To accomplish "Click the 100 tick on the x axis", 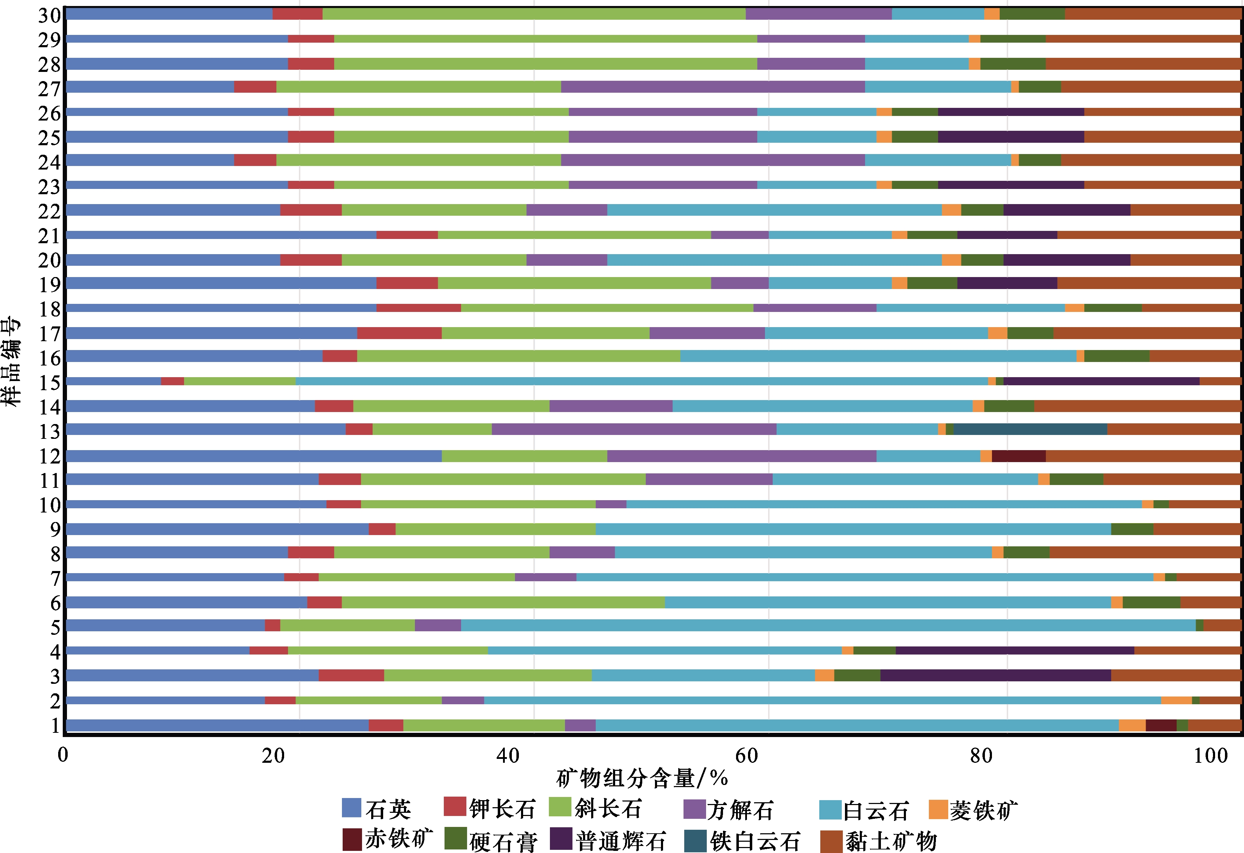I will click(1211, 756).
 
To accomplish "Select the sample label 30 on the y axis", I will click(50, 16).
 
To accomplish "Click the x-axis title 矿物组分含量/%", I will click(642, 778).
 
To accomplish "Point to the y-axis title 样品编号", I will click(12, 361).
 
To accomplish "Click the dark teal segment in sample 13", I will click(1030, 429).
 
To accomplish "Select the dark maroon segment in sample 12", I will click(1019, 456).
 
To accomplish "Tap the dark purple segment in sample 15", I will click(1101, 381).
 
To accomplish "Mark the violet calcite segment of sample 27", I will click(712, 87).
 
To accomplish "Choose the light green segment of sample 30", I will click(534, 14).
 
